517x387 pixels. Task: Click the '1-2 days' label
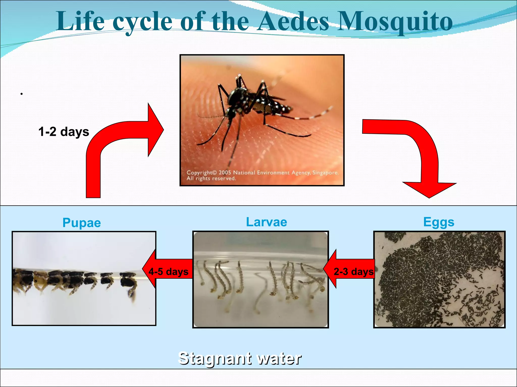tap(64, 132)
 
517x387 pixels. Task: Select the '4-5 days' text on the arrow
tap(168, 272)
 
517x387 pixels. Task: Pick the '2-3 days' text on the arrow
tap(353, 272)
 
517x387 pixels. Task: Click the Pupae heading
tap(82, 223)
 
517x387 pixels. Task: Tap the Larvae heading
tap(267, 222)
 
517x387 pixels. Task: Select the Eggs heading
tap(439, 222)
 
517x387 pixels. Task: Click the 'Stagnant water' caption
tap(240, 358)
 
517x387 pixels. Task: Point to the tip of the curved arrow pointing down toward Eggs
tap(429, 197)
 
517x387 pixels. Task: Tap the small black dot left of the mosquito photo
tap(22, 94)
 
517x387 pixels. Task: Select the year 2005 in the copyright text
tap(225, 173)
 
